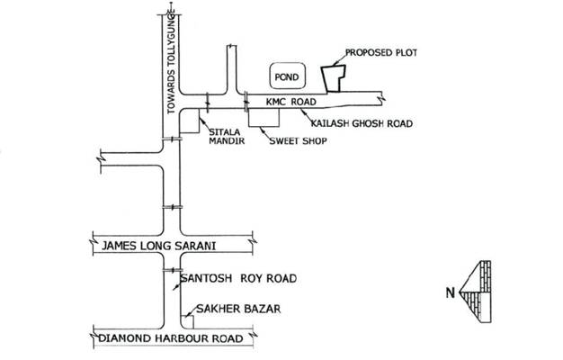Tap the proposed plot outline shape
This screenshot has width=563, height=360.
point(335,77)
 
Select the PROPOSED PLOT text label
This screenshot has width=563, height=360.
point(385,53)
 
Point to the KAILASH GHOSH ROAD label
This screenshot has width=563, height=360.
point(361,121)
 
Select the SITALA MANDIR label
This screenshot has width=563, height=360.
point(225,137)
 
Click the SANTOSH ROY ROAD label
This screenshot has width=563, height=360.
point(238,279)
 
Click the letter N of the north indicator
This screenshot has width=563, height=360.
point(449,293)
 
